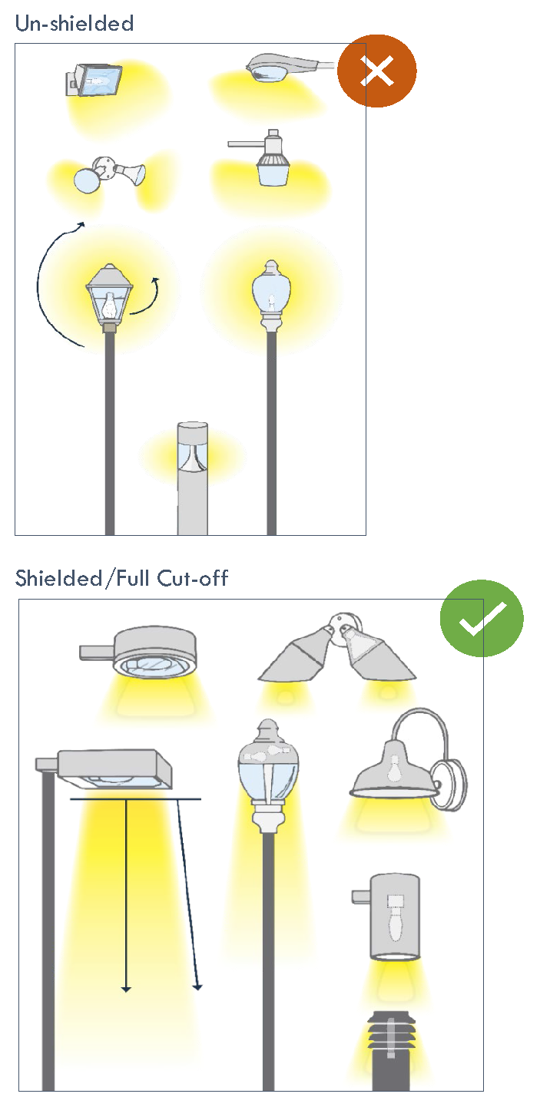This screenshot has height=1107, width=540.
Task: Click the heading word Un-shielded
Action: click(75, 23)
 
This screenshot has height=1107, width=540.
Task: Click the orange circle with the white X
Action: click(377, 71)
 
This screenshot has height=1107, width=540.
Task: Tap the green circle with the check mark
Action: click(482, 618)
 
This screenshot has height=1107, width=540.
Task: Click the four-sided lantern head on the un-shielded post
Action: click(109, 295)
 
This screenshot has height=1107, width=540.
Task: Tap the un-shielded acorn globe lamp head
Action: click(271, 295)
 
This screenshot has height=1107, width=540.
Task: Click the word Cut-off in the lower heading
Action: click(192, 578)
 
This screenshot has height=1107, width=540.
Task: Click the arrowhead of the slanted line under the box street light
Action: click(198, 987)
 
